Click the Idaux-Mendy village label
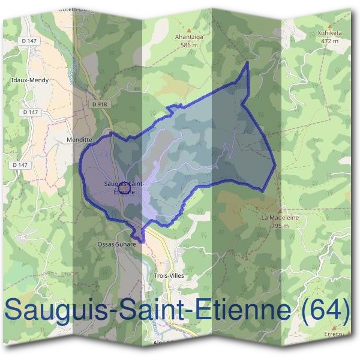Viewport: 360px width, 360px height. pos(30,79)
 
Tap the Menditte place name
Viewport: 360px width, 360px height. pos(79,138)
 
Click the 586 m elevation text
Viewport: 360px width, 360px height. pos(190,44)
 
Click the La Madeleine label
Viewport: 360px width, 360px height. pos(280,218)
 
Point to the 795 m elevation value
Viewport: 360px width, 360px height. pos(280,226)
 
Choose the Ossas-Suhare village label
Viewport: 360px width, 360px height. pos(117,245)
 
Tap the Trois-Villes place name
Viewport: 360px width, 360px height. pos(168,275)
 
